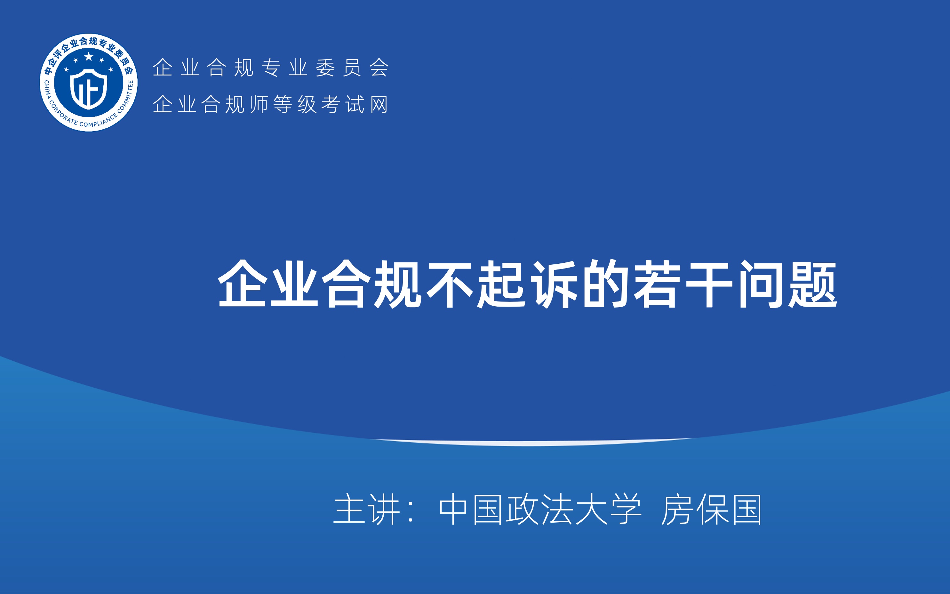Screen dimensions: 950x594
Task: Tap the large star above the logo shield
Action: pyautogui.click(x=89, y=57)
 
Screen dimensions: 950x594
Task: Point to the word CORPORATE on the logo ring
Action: pyautogui.click(x=62, y=114)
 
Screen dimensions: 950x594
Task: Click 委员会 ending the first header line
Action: pyautogui.click(x=352, y=68)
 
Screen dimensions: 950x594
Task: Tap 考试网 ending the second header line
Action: pyautogui.click(x=355, y=105)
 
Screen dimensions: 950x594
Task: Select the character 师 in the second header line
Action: pyautogui.click(x=259, y=105)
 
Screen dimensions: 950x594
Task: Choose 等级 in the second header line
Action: pyautogui.click(x=295, y=105)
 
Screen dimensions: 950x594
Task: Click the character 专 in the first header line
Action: pyautogui.click(x=271, y=68)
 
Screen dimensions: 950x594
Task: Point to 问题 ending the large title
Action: pyautogui.click(x=787, y=284)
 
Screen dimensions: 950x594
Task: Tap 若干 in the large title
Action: pyautogui.click(x=683, y=284)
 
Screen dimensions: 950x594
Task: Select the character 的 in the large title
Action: pyautogui.click(x=605, y=284)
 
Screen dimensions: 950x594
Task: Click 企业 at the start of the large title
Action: pyautogui.click(x=268, y=284)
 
